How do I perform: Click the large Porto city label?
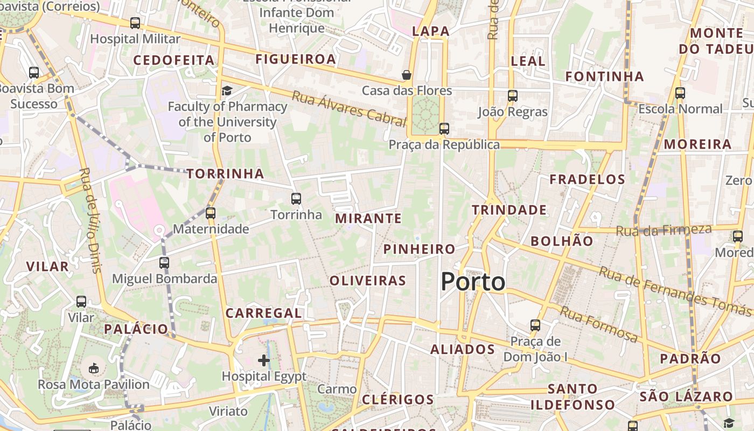click(473, 282)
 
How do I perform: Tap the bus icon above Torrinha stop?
click(296, 199)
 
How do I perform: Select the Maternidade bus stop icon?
click(211, 213)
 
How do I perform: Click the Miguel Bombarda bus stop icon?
click(164, 263)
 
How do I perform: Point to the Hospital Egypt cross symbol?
click(264, 360)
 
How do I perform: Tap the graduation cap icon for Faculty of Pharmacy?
click(227, 91)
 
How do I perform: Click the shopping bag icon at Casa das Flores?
click(407, 75)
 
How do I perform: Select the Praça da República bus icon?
click(444, 129)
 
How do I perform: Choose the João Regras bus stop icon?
click(513, 96)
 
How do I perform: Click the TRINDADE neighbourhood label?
click(509, 210)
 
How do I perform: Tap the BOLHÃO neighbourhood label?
click(562, 241)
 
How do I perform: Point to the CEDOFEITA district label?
click(174, 60)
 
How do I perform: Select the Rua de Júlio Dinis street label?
click(90, 220)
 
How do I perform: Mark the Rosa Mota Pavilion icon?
click(94, 369)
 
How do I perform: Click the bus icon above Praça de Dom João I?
click(535, 325)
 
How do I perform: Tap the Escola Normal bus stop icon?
click(680, 93)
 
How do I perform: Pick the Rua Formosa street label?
click(599, 324)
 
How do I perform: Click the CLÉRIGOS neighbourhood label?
click(397, 399)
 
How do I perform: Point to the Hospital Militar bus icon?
click(135, 23)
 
